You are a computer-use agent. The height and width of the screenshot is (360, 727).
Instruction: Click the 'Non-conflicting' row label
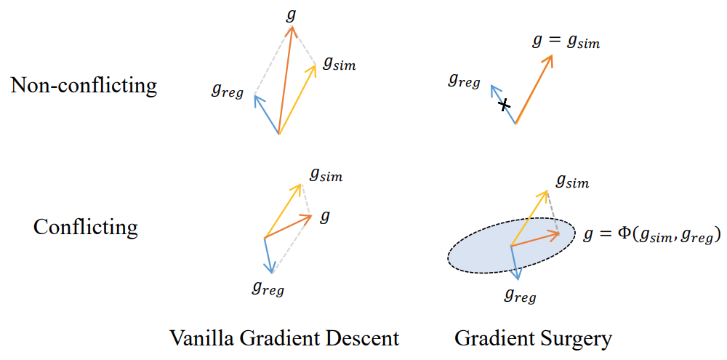click(84, 86)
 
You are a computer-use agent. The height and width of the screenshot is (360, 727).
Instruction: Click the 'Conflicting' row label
click(86, 227)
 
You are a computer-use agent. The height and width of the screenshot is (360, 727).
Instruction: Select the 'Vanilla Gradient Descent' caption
click(284, 338)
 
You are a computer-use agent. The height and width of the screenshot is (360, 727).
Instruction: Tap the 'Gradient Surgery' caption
click(533, 338)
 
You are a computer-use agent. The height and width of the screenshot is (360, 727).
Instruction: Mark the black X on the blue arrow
click(504, 105)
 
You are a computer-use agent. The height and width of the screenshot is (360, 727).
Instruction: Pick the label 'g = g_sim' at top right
click(566, 41)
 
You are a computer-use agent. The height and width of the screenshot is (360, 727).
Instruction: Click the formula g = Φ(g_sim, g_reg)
click(652, 234)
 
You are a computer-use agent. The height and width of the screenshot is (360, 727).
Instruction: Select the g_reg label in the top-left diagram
click(228, 89)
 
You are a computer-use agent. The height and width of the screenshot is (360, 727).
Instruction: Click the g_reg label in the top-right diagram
click(464, 80)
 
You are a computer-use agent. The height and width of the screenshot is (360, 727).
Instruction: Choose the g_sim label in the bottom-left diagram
click(326, 174)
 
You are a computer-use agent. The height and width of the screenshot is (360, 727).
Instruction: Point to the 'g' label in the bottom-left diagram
click(325, 216)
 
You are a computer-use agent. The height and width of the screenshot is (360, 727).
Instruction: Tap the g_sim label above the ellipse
click(572, 181)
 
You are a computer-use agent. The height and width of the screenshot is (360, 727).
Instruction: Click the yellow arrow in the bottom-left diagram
click(283, 210)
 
